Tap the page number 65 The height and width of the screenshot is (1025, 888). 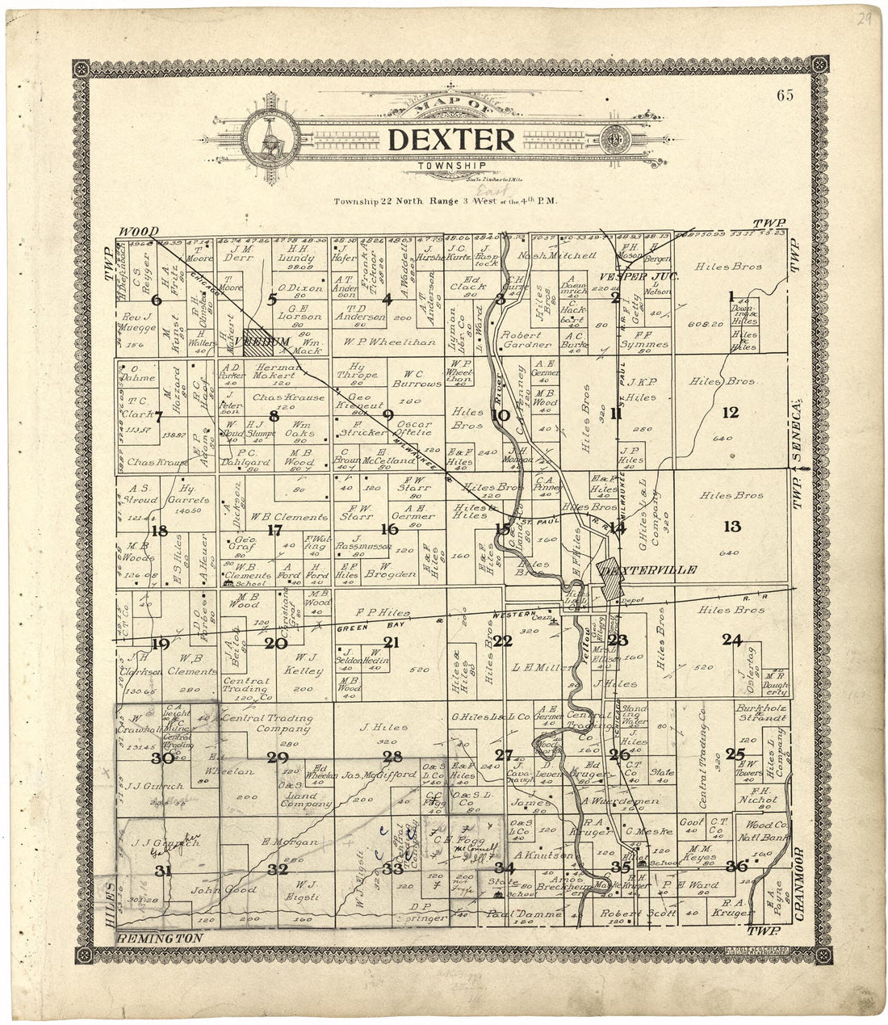(x=785, y=95)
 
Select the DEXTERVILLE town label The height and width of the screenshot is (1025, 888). (x=648, y=569)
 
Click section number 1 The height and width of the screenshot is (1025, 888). (x=731, y=295)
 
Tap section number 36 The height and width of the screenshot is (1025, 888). (x=735, y=866)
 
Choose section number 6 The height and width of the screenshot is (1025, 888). (x=157, y=300)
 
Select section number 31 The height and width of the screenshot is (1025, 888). (x=163, y=870)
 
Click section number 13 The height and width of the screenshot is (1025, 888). (x=731, y=527)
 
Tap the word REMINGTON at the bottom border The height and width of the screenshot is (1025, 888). (x=159, y=938)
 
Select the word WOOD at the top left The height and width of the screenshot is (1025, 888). (x=138, y=231)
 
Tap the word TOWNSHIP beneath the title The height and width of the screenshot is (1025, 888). (x=440, y=166)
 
